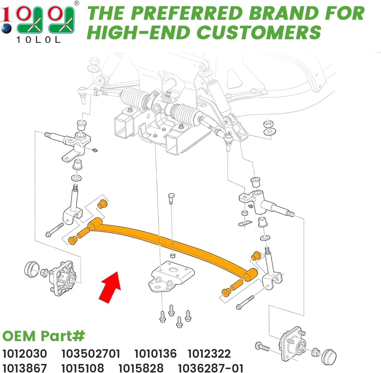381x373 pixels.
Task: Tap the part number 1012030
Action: [25, 354]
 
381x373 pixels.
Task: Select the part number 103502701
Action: [91, 354]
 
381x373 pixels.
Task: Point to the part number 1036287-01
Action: [211, 368]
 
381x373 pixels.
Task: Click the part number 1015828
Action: [141, 368]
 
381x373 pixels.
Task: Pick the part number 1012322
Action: [209, 354]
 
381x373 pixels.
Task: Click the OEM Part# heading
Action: [43, 336]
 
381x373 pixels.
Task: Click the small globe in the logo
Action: [6, 28]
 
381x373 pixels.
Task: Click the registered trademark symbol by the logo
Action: [77, 3]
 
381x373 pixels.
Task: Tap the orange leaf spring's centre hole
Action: [172, 244]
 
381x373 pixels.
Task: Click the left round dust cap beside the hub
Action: [32, 269]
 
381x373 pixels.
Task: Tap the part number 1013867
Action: [25, 368]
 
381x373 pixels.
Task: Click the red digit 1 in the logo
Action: [6, 14]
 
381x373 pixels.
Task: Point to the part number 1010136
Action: [155, 354]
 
